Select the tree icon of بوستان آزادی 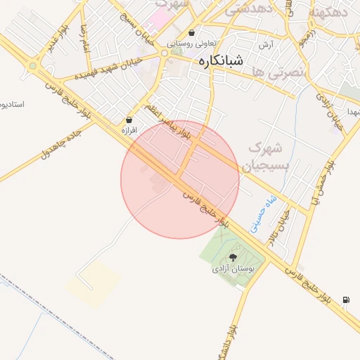tap(233, 257)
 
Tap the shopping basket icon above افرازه tap(129, 120)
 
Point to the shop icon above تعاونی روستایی tap(192, 32)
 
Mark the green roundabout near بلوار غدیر tap(32, 66)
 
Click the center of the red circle tap(180, 180)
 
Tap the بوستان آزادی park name tap(236, 269)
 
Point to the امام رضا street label tap(86, 36)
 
